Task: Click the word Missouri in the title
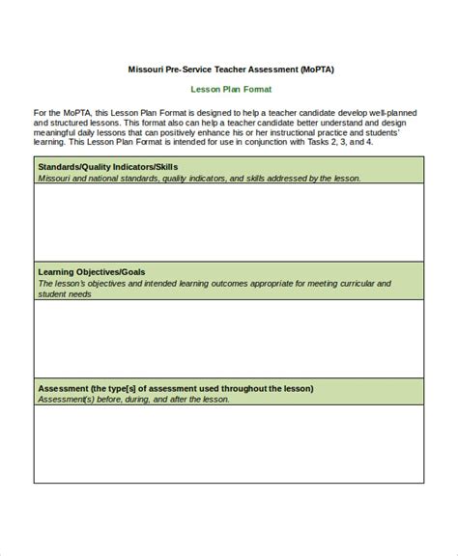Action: pyautogui.click(x=146, y=69)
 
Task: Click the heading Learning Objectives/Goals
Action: pyautogui.click(x=91, y=272)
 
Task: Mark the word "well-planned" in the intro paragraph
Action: pyautogui.click(x=395, y=113)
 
